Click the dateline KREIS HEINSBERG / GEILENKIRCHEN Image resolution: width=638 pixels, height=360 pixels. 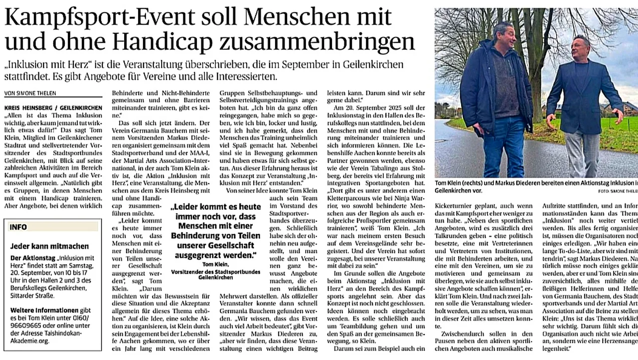click(53, 108)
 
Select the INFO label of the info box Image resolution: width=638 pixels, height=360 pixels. click(18, 227)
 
